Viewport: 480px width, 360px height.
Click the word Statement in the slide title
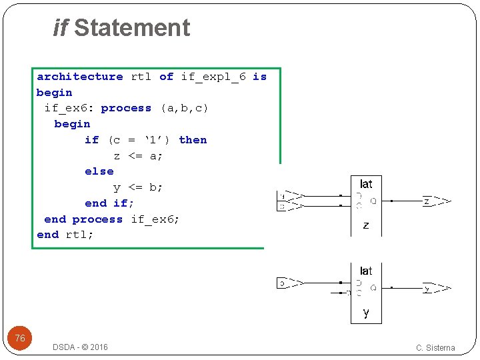[132, 28]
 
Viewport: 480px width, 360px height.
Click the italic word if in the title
[61, 28]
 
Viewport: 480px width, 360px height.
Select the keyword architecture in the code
[79, 77]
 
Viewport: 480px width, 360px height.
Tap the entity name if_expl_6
[213, 77]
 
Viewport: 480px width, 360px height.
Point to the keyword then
[193, 140]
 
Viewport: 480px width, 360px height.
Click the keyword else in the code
[99, 171]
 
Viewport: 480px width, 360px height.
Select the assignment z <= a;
[138, 156]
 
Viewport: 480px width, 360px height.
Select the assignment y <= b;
[138, 187]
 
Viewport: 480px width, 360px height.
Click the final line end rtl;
[65, 235]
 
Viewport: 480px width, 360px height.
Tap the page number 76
[20, 338]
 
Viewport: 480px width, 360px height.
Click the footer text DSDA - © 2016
[80, 347]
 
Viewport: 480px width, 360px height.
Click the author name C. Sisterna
[435, 347]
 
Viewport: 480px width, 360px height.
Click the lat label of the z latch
[366, 184]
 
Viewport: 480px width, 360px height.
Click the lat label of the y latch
[366, 271]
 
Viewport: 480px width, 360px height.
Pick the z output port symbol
[437, 201]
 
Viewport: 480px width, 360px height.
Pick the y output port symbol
[437, 289]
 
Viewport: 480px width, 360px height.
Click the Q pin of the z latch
[373, 200]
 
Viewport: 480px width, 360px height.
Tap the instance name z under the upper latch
[366, 225]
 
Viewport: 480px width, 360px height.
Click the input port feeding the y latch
[290, 283]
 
